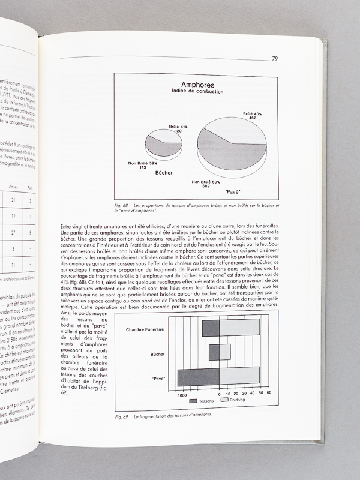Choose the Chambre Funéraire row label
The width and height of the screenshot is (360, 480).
click(x=147, y=329)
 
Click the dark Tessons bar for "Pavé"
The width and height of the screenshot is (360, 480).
click(x=199, y=377)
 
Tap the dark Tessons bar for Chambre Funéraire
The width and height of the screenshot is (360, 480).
click(x=211, y=328)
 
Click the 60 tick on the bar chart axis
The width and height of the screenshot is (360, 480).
click(x=269, y=392)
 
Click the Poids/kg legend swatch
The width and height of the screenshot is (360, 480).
click(x=225, y=401)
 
